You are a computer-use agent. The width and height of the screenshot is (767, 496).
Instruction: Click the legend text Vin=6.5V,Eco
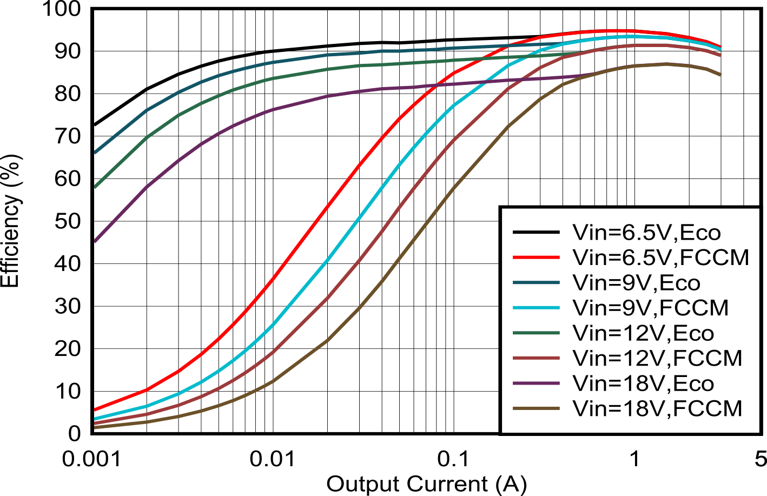pyautogui.click(x=646, y=233)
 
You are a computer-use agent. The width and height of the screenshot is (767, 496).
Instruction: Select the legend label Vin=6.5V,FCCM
pyautogui.click(x=660, y=258)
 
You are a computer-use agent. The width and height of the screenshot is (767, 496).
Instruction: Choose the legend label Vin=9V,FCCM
pyautogui.click(x=650, y=308)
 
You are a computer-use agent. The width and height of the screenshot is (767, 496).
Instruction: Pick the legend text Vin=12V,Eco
pyautogui.click(x=643, y=333)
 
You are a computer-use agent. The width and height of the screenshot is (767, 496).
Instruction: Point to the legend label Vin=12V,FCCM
pyautogui.click(x=657, y=358)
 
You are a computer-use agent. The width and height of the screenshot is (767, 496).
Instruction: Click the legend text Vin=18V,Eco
pyautogui.click(x=643, y=383)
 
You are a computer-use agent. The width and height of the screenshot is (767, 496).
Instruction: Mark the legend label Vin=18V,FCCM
pyautogui.click(x=657, y=408)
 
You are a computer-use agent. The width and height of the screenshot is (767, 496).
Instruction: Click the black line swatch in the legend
pyautogui.click(x=535, y=233)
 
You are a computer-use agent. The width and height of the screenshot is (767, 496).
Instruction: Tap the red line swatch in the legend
pyautogui.click(x=535, y=258)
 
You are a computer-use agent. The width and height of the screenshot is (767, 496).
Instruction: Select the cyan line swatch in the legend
pyautogui.click(x=535, y=308)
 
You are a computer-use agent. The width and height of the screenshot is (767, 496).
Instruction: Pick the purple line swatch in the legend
pyautogui.click(x=535, y=383)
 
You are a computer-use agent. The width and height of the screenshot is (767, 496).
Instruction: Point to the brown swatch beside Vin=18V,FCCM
pyautogui.click(x=535, y=408)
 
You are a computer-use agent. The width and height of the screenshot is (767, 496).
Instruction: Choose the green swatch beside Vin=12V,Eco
pyautogui.click(x=535, y=333)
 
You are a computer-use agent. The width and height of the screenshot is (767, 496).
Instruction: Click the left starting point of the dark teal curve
pyautogui.click(x=95, y=153)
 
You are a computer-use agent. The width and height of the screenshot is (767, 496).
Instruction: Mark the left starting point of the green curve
pyautogui.click(x=95, y=187)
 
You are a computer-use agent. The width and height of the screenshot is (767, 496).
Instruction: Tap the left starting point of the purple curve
pyautogui.click(x=95, y=241)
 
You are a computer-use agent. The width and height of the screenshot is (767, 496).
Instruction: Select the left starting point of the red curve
pyautogui.click(x=95, y=409)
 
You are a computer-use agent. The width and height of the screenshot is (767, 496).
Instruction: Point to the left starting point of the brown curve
pyautogui.click(x=95, y=427)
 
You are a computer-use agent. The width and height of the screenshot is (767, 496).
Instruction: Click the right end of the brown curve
pyautogui.click(x=720, y=75)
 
